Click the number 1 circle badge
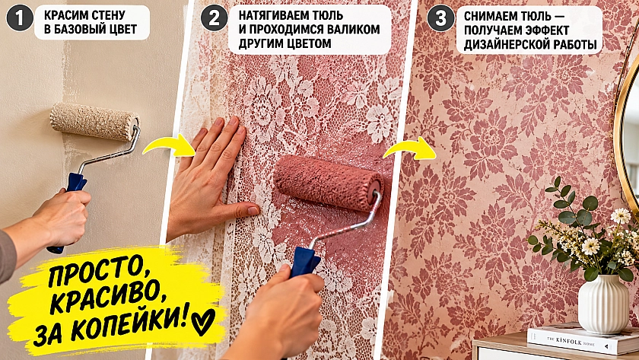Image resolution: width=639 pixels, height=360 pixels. tap(20, 18)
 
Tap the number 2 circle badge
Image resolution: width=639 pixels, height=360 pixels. tap(215, 18)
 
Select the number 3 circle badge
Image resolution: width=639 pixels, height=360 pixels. tap(440, 18)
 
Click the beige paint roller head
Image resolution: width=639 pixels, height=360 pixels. tap(94, 122)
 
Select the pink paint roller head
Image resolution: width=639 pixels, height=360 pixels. tap(328, 183)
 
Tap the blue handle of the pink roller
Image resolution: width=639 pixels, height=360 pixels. tap(304, 261)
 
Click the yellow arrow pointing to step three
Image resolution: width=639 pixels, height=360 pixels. tap(409, 148)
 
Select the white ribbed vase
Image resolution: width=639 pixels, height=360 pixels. tap(603, 304)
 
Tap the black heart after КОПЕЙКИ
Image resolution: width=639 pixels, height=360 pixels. tap(203, 321)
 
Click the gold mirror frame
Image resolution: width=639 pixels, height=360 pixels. tap(620, 135)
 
